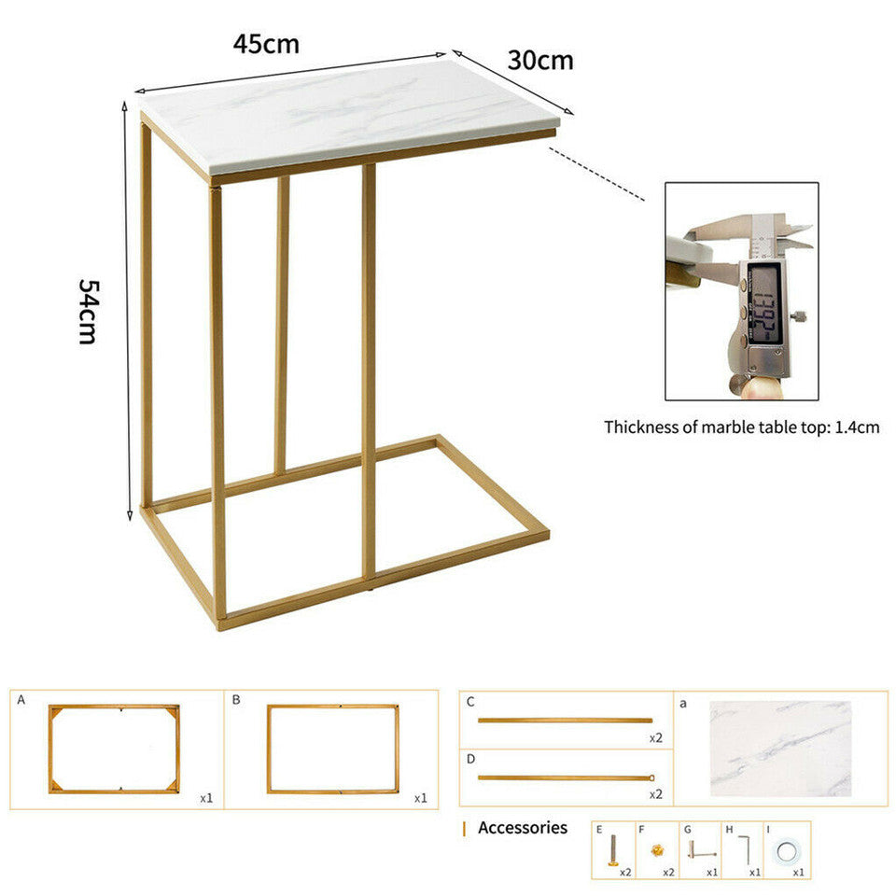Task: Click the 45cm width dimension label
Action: [266, 44]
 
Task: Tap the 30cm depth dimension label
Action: [540, 61]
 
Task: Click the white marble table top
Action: [345, 117]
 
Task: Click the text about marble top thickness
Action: [741, 427]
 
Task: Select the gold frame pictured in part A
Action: [114, 749]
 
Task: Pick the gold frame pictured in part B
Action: [332, 749]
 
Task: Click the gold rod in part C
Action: [565, 720]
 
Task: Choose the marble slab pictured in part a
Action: [779, 749]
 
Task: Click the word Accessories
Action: [522, 828]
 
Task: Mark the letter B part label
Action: [236, 699]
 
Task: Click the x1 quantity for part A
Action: [206, 798]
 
